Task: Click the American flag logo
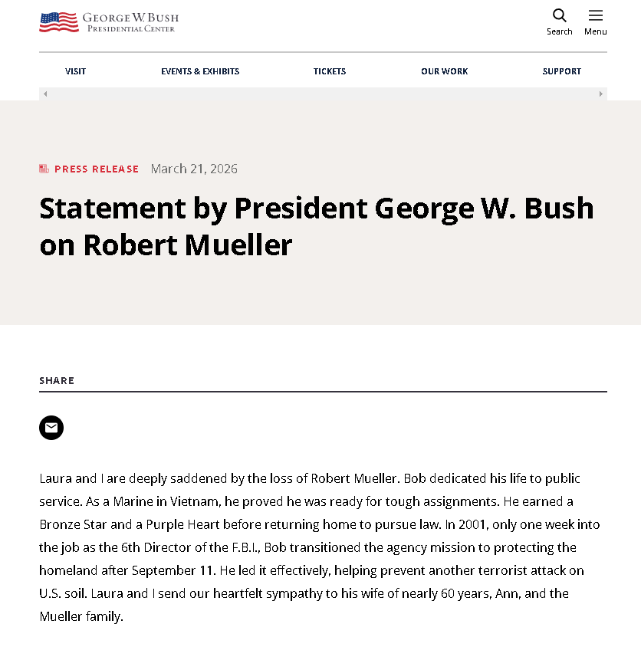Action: pos(59,22)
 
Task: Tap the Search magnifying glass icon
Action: pos(560,15)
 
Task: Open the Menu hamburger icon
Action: pos(596,15)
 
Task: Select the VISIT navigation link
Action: pos(75,71)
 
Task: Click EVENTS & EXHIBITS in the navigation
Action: pos(200,71)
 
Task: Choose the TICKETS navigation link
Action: pos(330,71)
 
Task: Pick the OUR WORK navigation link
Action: pos(444,71)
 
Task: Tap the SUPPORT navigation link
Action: pos(562,71)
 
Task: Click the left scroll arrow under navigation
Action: pos(45,94)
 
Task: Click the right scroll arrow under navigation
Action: pos(601,94)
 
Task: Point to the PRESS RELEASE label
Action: pos(97,169)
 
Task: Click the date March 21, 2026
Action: pos(194,169)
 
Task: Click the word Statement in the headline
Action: pos(113,209)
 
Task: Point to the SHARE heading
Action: pos(57,381)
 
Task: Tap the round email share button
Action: pos(51,428)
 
